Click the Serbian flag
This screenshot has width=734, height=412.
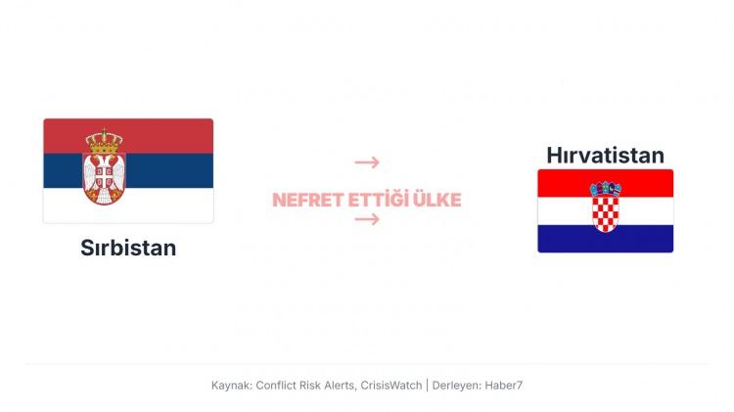coord(128,170)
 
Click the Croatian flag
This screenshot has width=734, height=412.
coord(605,210)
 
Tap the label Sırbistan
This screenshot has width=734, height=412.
coord(128,248)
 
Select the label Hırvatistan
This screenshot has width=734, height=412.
coord(605,155)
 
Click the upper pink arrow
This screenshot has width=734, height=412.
coord(367,162)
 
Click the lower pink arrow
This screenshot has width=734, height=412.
coord(367,219)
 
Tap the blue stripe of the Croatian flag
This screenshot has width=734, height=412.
coord(605,239)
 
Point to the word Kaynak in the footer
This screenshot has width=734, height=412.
coord(231,386)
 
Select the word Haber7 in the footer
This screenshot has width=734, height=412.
coord(504,386)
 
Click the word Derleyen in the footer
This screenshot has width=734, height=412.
coord(456,386)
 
